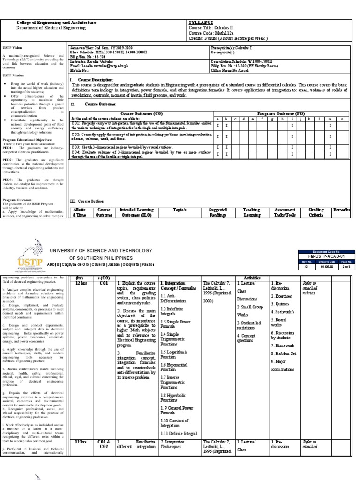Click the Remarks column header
coord(341,210)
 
